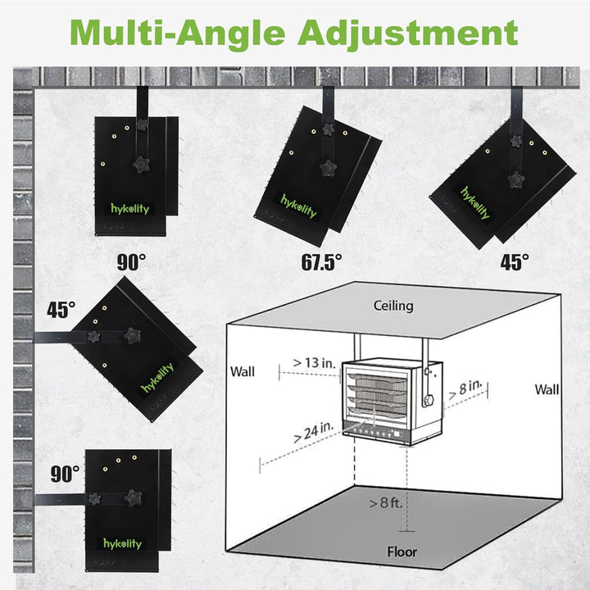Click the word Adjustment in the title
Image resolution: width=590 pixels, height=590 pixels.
[408, 34]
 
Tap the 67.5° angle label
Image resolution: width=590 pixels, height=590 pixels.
[322, 262]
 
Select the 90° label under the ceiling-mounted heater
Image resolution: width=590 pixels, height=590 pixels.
[131, 262]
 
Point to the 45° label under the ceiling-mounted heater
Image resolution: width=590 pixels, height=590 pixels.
[515, 262]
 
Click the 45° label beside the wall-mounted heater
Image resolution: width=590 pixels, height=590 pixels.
[61, 310]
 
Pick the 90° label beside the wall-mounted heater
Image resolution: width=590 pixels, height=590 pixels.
[65, 474]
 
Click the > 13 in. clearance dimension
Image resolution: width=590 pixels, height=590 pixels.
[314, 363]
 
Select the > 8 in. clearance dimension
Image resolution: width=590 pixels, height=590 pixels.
[465, 389]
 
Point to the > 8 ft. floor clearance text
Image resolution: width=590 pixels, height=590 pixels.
[386, 502]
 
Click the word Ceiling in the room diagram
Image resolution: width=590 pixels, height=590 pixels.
[393, 306]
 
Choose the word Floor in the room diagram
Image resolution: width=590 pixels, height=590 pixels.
[402, 552]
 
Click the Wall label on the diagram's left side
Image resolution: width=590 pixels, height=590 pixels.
[243, 372]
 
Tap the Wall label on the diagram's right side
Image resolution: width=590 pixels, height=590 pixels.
[547, 389]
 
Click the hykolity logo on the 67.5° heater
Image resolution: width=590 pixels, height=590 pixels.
[299, 206]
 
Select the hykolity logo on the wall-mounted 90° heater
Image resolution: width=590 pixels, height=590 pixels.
[123, 544]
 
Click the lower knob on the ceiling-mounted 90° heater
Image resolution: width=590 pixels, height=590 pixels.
[142, 165]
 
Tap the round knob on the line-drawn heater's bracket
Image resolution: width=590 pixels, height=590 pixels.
[429, 400]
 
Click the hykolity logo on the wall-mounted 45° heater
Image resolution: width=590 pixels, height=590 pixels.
[157, 378]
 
